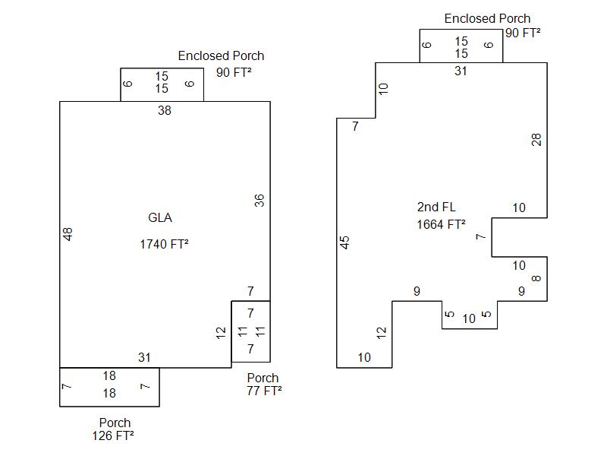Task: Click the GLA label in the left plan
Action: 160,218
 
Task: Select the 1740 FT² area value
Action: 164,245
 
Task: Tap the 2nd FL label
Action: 436,207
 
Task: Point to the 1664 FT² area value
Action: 441,224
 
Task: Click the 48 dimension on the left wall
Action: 68,234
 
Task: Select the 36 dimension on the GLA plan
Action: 259,201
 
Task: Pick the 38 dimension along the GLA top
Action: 165,111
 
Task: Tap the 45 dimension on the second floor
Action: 345,242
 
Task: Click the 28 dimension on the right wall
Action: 537,140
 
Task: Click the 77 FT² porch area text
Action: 264,391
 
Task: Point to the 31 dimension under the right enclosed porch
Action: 461,71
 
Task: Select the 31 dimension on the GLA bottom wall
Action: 144,357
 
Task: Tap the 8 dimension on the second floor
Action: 537,278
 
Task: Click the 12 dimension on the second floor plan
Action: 382,331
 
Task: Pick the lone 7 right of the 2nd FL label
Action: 480,237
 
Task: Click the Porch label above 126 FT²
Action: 115,423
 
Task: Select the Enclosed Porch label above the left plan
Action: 221,56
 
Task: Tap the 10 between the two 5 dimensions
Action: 469,319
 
